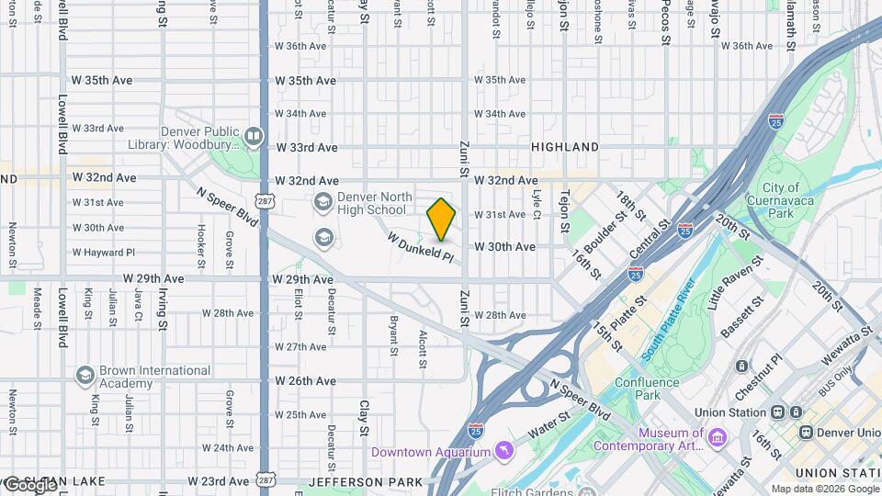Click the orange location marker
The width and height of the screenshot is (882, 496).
point(442,220)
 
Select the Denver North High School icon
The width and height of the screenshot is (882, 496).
point(323,201)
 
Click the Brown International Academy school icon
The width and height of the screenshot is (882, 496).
point(85,377)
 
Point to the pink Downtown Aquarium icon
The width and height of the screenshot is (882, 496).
point(503,451)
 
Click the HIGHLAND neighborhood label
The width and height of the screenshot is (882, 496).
point(565,147)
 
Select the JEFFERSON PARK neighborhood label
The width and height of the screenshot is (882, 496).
point(354,481)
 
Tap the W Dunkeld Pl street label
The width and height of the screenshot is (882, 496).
point(421,247)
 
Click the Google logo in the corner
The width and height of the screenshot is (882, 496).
point(30,485)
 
